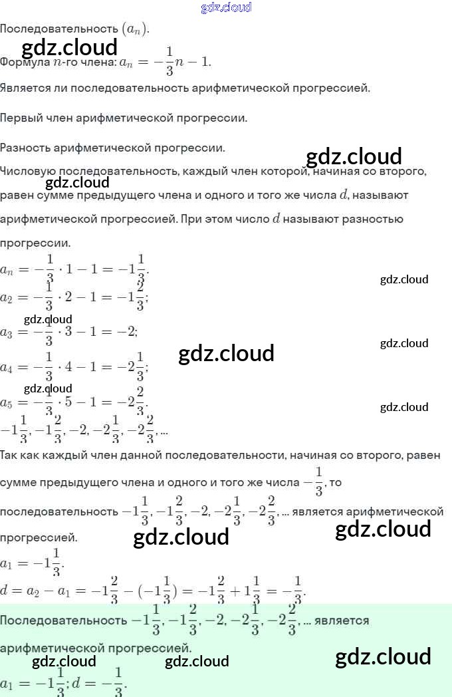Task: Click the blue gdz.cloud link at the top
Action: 226,7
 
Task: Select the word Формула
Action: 22,63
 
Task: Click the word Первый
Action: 21,118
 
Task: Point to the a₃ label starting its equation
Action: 7,332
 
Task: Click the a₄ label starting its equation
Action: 7,368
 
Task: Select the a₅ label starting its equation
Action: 7,403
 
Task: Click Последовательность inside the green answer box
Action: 63,621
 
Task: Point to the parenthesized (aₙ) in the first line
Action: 135,29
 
